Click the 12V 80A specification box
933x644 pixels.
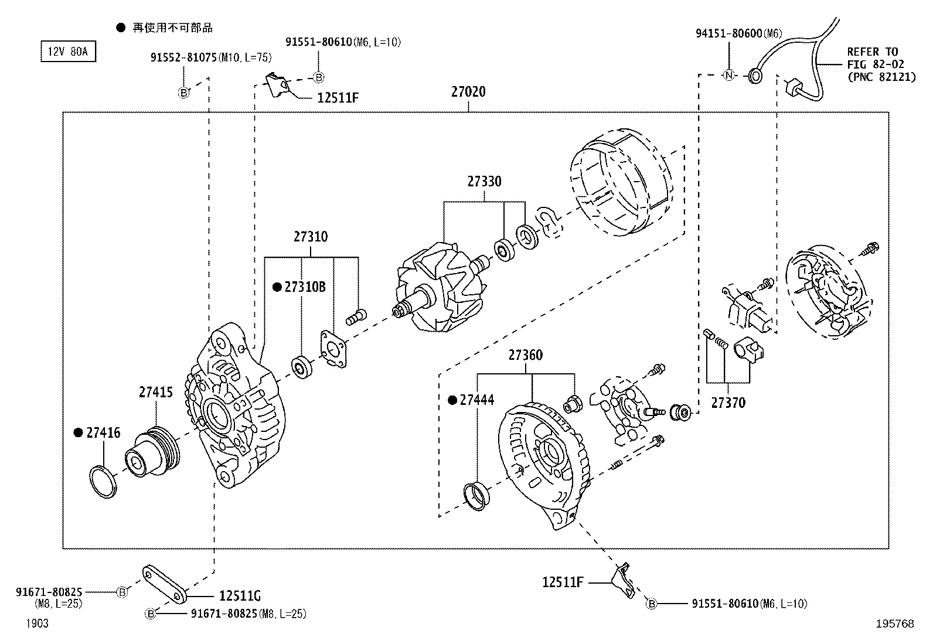tap(68, 52)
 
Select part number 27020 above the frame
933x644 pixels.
tap(468, 92)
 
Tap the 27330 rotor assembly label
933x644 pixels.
tap(484, 182)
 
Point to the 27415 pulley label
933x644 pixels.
tap(156, 392)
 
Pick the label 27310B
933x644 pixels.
tap(305, 287)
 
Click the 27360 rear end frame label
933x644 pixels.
tap(525, 355)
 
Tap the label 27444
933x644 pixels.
tap(476, 400)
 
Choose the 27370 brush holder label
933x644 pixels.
tap(728, 403)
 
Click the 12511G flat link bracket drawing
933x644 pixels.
tap(164, 584)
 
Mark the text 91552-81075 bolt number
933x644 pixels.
tap(183, 57)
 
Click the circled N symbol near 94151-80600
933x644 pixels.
tap(728, 76)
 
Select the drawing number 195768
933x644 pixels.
tap(894, 624)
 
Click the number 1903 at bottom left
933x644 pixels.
tap(37, 623)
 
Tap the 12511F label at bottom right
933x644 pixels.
tap(563, 582)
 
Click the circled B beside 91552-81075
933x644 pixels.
tap(183, 92)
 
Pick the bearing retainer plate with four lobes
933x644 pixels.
tap(333, 350)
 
